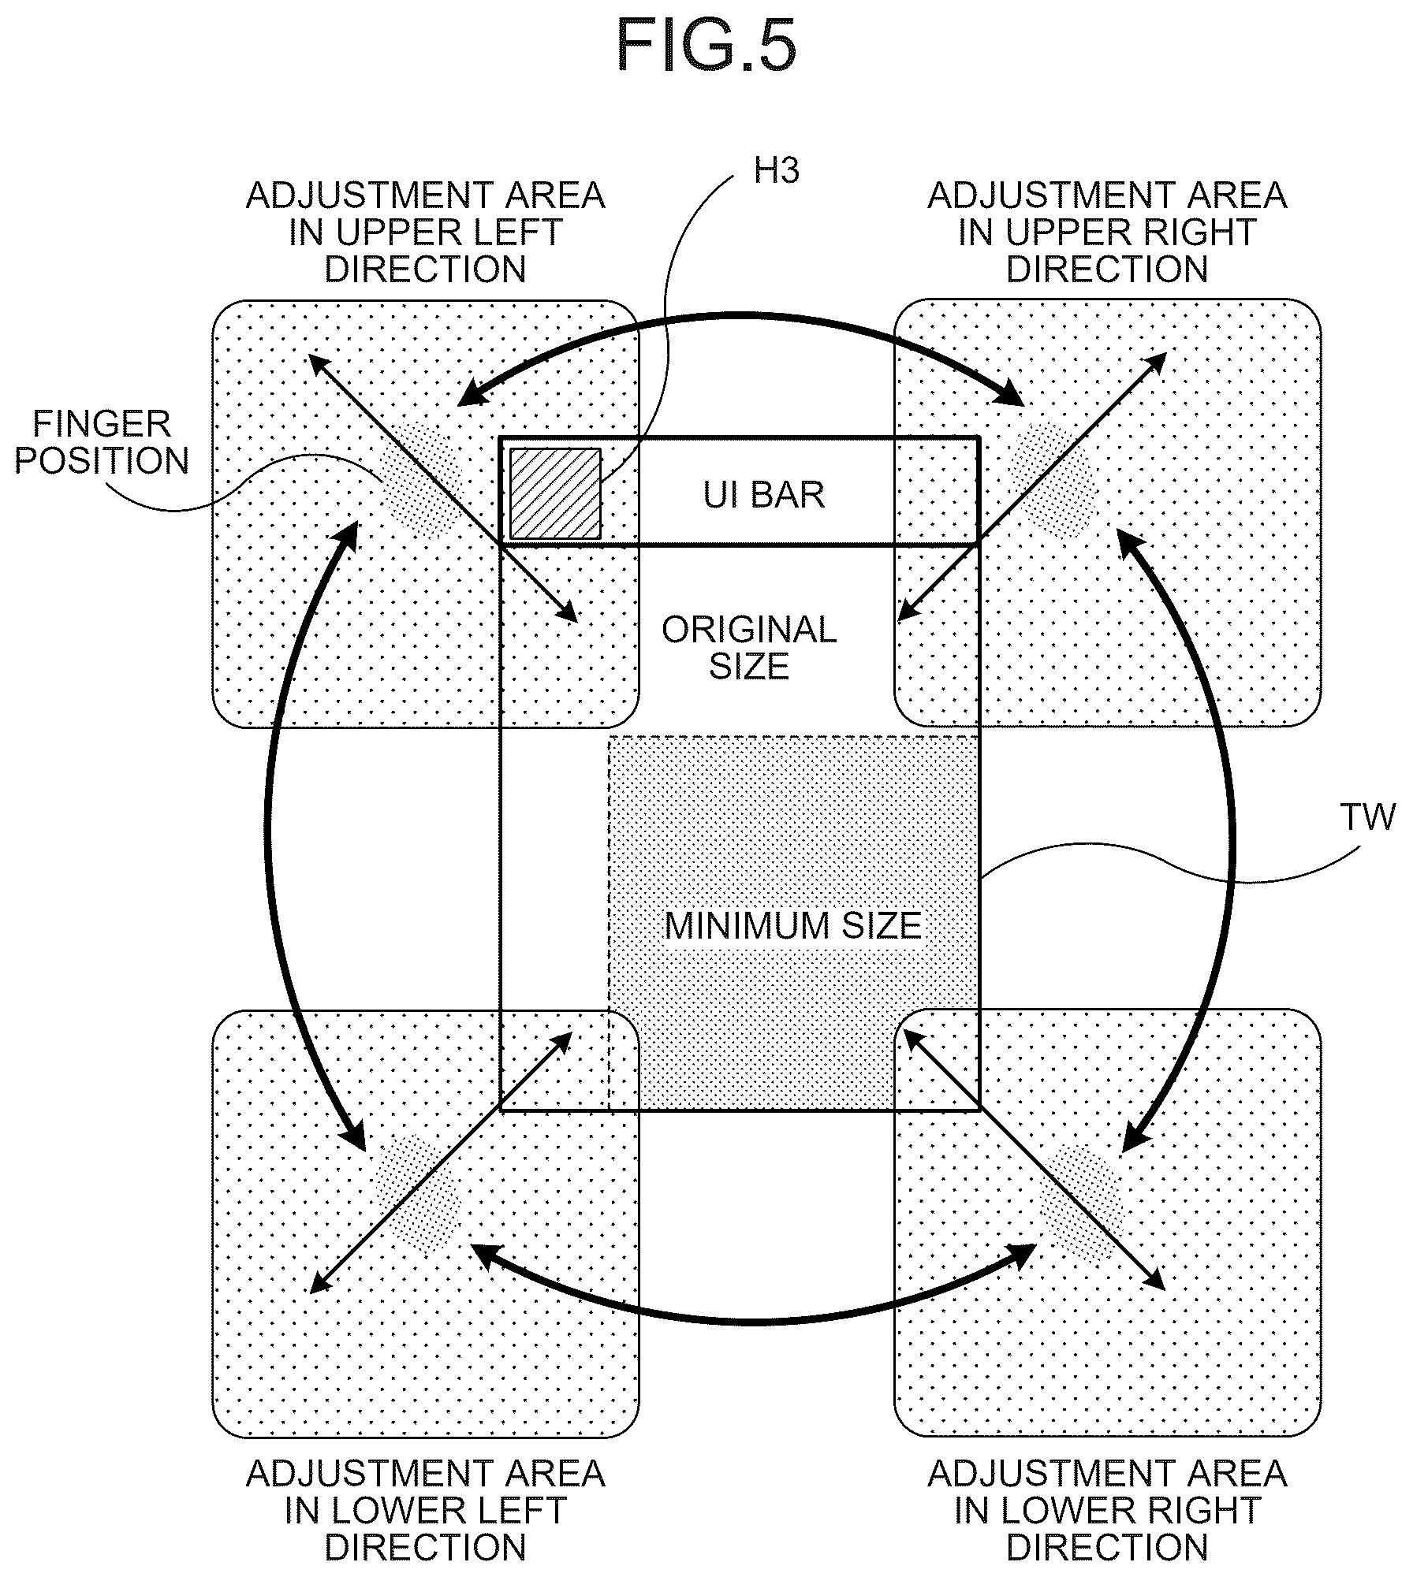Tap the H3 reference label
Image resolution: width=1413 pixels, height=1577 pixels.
[x=777, y=171]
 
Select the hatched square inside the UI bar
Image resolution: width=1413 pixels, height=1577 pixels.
[x=555, y=493]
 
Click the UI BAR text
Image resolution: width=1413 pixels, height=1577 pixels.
[x=764, y=494]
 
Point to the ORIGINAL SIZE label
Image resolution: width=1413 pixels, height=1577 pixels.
[x=749, y=647]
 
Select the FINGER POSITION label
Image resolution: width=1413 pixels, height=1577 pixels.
[x=102, y=442]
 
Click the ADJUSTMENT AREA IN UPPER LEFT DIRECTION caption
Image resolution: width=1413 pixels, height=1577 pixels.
[x=426, y=232]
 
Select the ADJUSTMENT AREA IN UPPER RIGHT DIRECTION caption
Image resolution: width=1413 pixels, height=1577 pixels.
[x=1107, y=232]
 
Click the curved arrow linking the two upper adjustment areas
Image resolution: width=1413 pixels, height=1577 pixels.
[x=741, y=316]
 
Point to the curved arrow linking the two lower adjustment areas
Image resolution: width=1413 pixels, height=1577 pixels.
[x=753, y=1320]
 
